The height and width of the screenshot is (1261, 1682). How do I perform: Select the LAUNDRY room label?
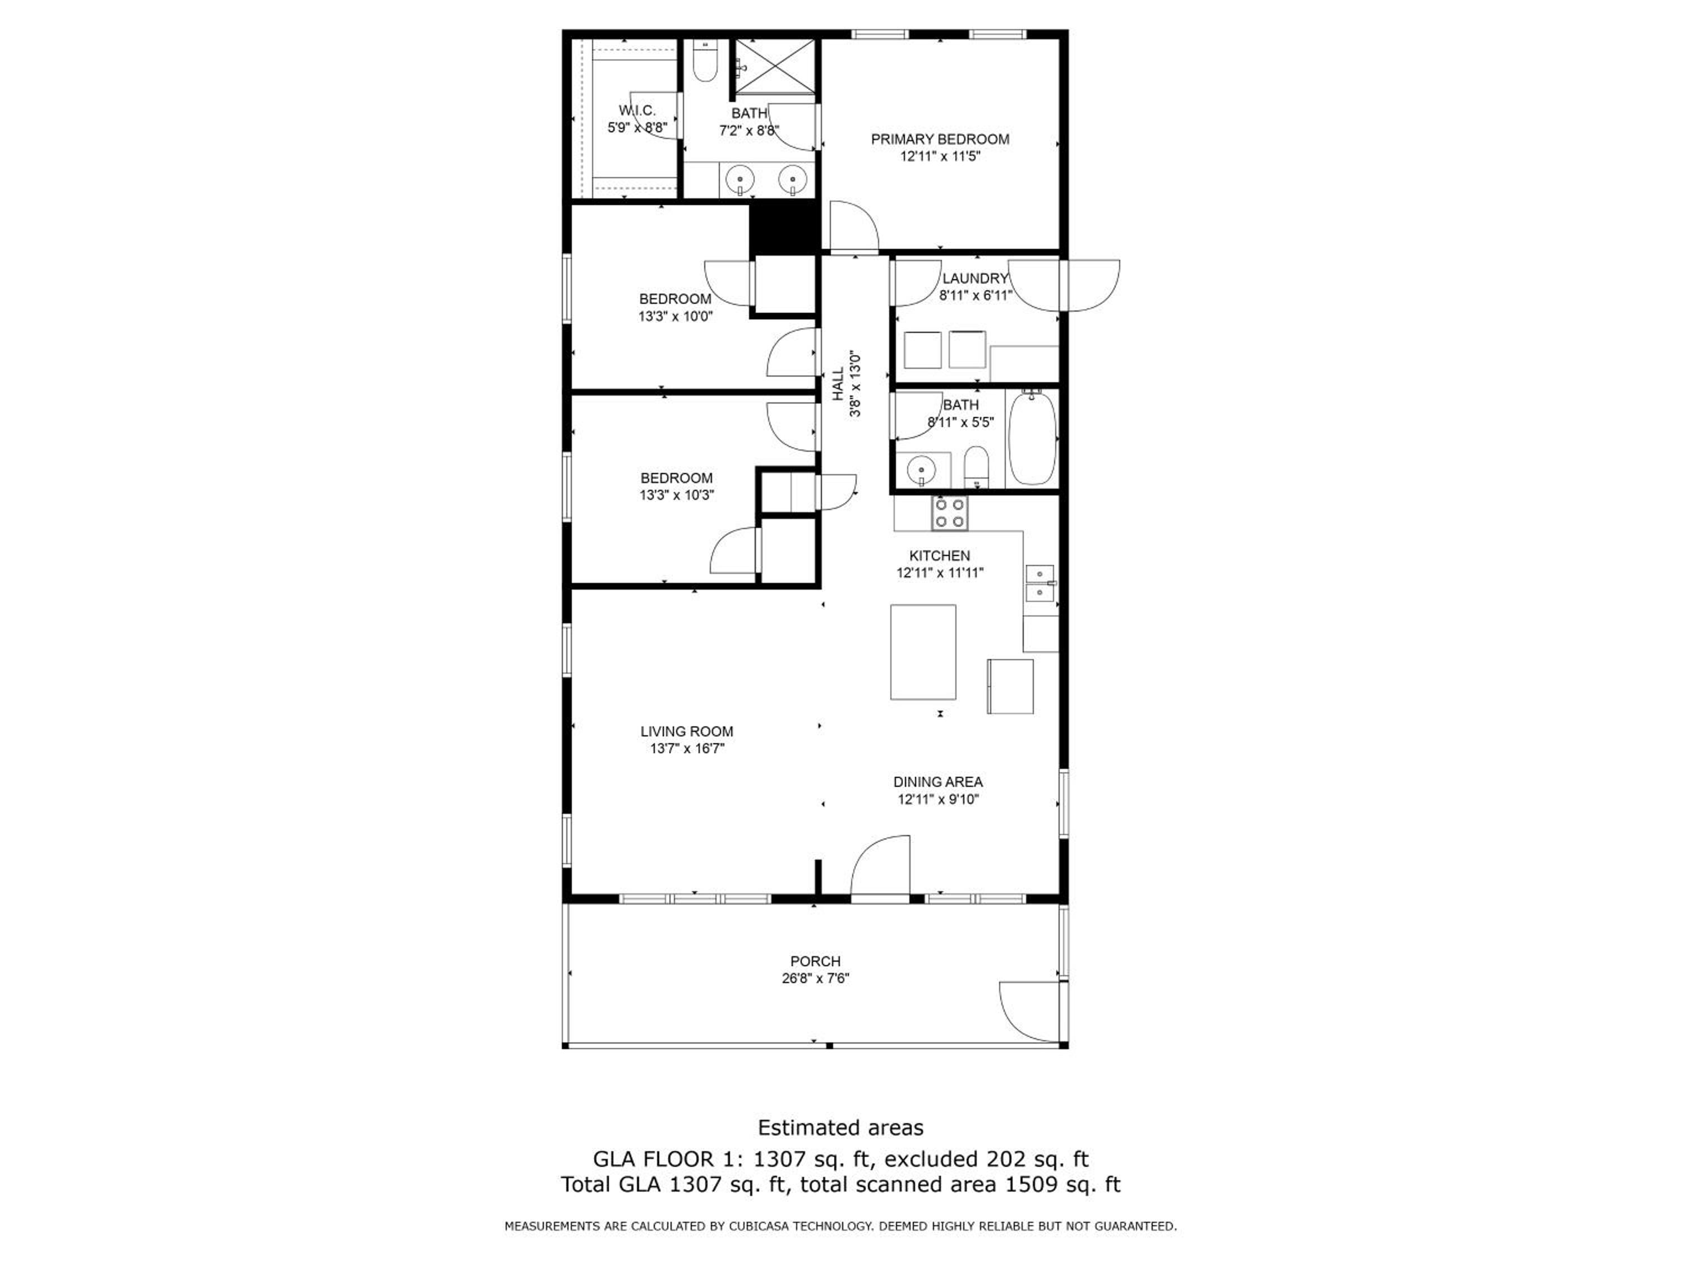coord(975,278)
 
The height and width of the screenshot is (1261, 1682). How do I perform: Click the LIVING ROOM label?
coord(687,731)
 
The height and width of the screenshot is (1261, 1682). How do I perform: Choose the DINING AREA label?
coord(937,781)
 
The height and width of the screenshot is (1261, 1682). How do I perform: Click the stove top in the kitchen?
coord(950,512)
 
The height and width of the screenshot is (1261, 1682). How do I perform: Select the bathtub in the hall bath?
coord(1032,439)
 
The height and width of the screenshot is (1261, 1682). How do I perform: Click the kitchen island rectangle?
coord(923,652)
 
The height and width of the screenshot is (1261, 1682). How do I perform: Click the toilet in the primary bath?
coord(706,62)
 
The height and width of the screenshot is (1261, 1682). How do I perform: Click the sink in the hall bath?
coord(921,468)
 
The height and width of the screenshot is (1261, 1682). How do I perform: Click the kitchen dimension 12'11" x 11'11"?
coord(940,573)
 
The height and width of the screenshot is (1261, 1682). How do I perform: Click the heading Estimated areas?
coord(840,1127)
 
